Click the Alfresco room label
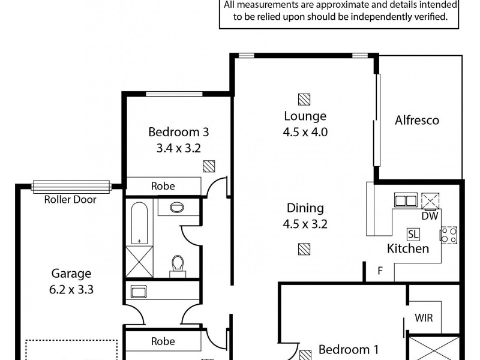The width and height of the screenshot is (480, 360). tap(417, 120)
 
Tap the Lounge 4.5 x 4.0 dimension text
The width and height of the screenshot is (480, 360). tap(306, 133)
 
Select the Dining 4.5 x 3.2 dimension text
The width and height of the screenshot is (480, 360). tap(305, 225)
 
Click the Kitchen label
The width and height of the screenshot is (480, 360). tap(408, 248)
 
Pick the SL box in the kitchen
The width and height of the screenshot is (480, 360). tap(413, 233)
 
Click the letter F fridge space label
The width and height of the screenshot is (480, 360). tap(380, 270)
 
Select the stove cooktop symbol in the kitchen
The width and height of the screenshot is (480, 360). tap(449, 235)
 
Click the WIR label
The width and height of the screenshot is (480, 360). tap(424, 318)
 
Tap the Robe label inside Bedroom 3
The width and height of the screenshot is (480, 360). tap(163, 186)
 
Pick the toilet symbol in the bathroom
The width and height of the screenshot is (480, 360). tap(178, 265)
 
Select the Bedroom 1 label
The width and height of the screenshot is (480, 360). tap(348, 349)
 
